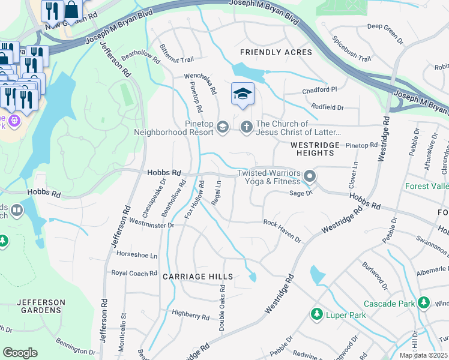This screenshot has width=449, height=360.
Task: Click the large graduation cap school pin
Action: (243, 94)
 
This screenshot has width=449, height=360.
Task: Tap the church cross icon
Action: (246, 127)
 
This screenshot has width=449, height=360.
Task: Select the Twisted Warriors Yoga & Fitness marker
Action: (310, 176)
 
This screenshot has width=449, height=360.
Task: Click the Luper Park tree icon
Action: (316, 314)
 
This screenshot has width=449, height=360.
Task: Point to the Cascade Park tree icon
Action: (424, 302)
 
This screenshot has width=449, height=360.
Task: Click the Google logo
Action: (20, 352)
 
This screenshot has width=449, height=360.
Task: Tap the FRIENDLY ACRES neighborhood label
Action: (276, 52)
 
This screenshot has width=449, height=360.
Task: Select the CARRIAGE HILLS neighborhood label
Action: (197, 277)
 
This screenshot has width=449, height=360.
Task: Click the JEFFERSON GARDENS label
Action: (39, 306)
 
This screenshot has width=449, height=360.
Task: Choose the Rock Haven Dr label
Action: (282, 230)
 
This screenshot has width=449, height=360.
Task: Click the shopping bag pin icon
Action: (71, 9)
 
